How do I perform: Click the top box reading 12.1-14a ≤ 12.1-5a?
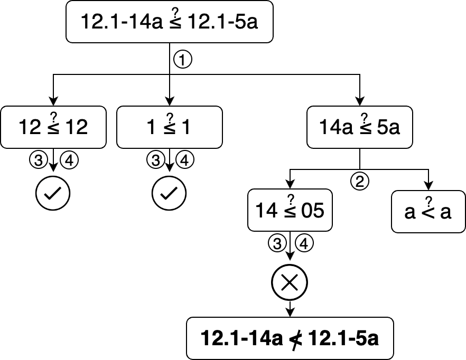click(x=169, y=22)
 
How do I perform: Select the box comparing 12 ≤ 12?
click(x=53, y=127)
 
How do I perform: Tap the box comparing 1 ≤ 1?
click(x=169, y=127)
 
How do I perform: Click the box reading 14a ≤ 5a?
click(x=359, y=127)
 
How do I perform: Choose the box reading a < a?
click(x=428, y=212)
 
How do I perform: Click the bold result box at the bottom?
click(x=290, y=338)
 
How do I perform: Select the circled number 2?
click(x=359, y=182)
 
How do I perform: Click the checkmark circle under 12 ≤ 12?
click(x=52, y=194)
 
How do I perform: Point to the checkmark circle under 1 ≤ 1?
click(x=169, y=194)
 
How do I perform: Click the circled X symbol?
click(x=290, y=283)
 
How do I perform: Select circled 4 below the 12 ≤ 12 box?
click(x=69, y=159)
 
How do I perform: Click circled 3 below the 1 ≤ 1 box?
click(x=154, y=159)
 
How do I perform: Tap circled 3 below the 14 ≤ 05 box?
click(x=275, y=243)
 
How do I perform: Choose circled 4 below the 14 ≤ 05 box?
click(x=305, y=243)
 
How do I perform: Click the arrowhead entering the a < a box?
click(x=428, y=186)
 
